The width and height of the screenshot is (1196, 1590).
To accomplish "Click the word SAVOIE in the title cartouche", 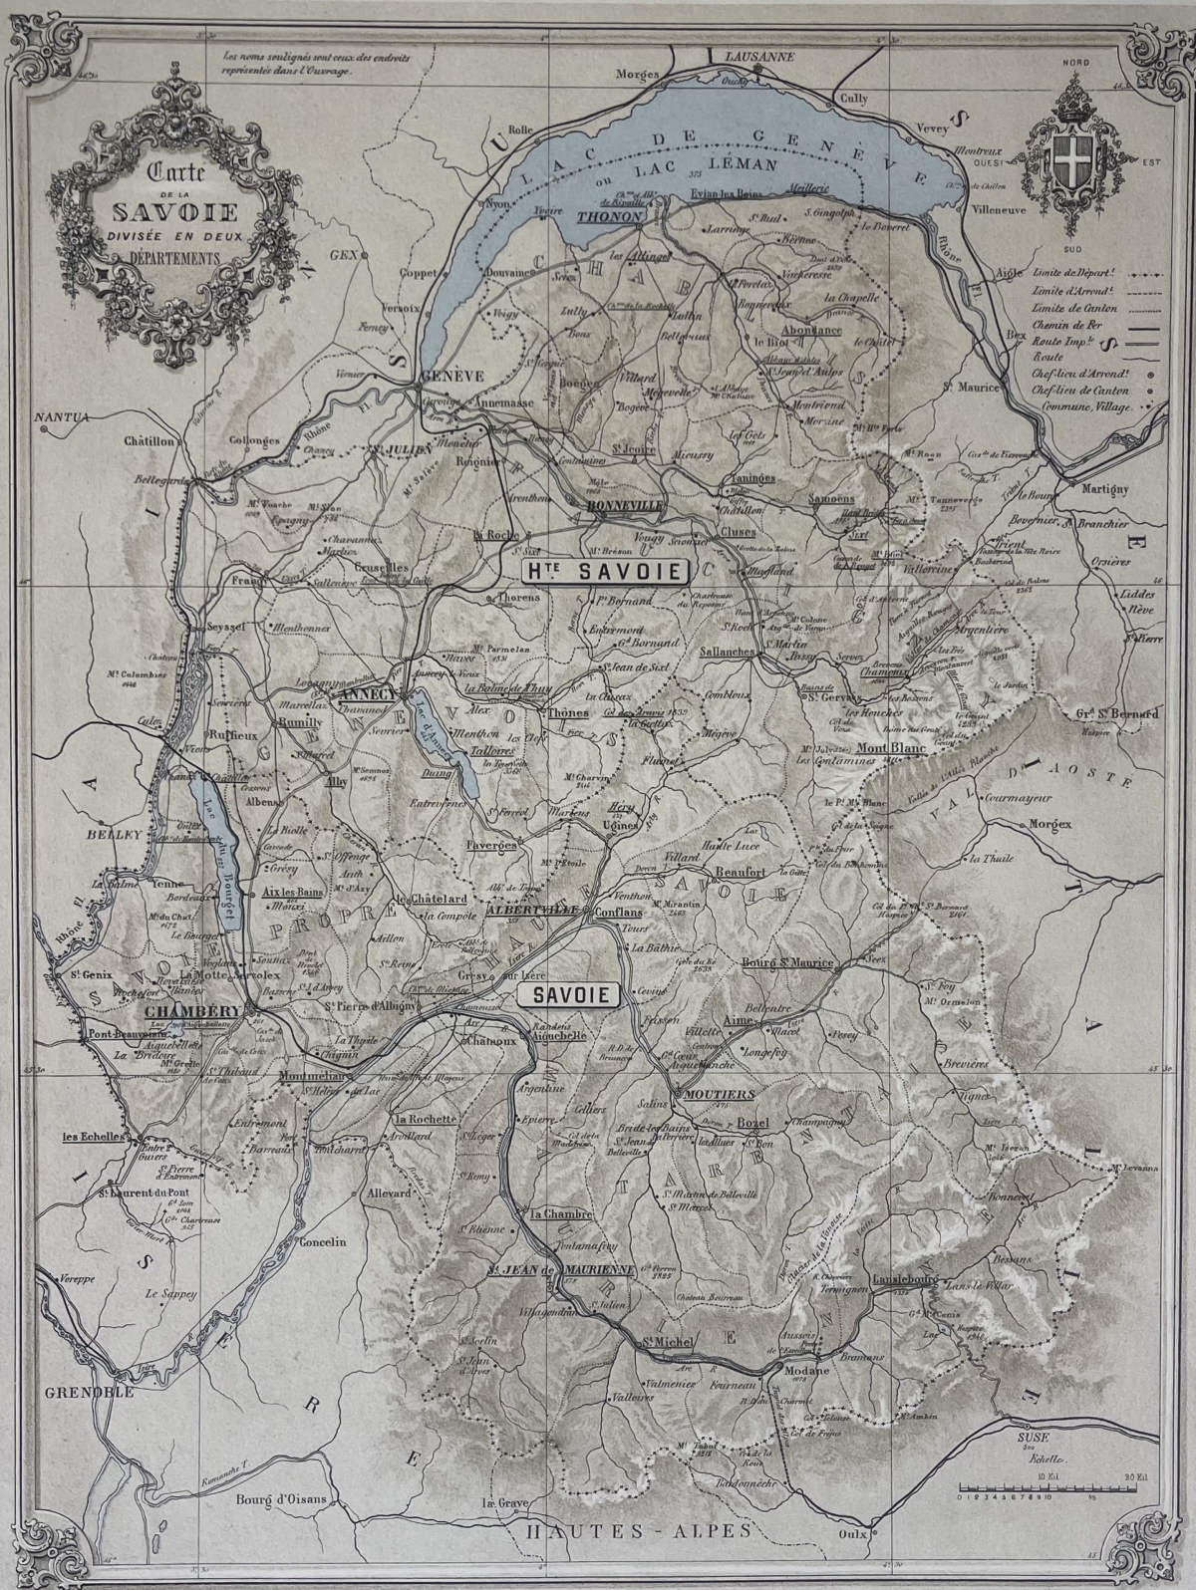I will tap(173, 212).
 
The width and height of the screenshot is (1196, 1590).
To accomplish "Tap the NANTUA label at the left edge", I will tap(62, 416).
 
